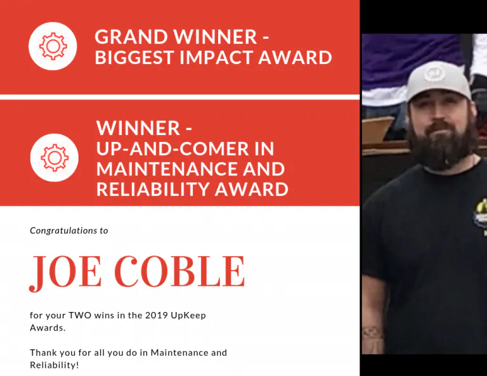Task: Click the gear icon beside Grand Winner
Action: point(53,46)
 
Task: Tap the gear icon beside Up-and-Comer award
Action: point(55,158)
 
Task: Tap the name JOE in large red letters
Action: point(64,271)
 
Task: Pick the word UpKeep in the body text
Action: point(192,315)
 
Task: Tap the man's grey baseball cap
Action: point(438,82)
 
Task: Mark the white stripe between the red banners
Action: point(179,97)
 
